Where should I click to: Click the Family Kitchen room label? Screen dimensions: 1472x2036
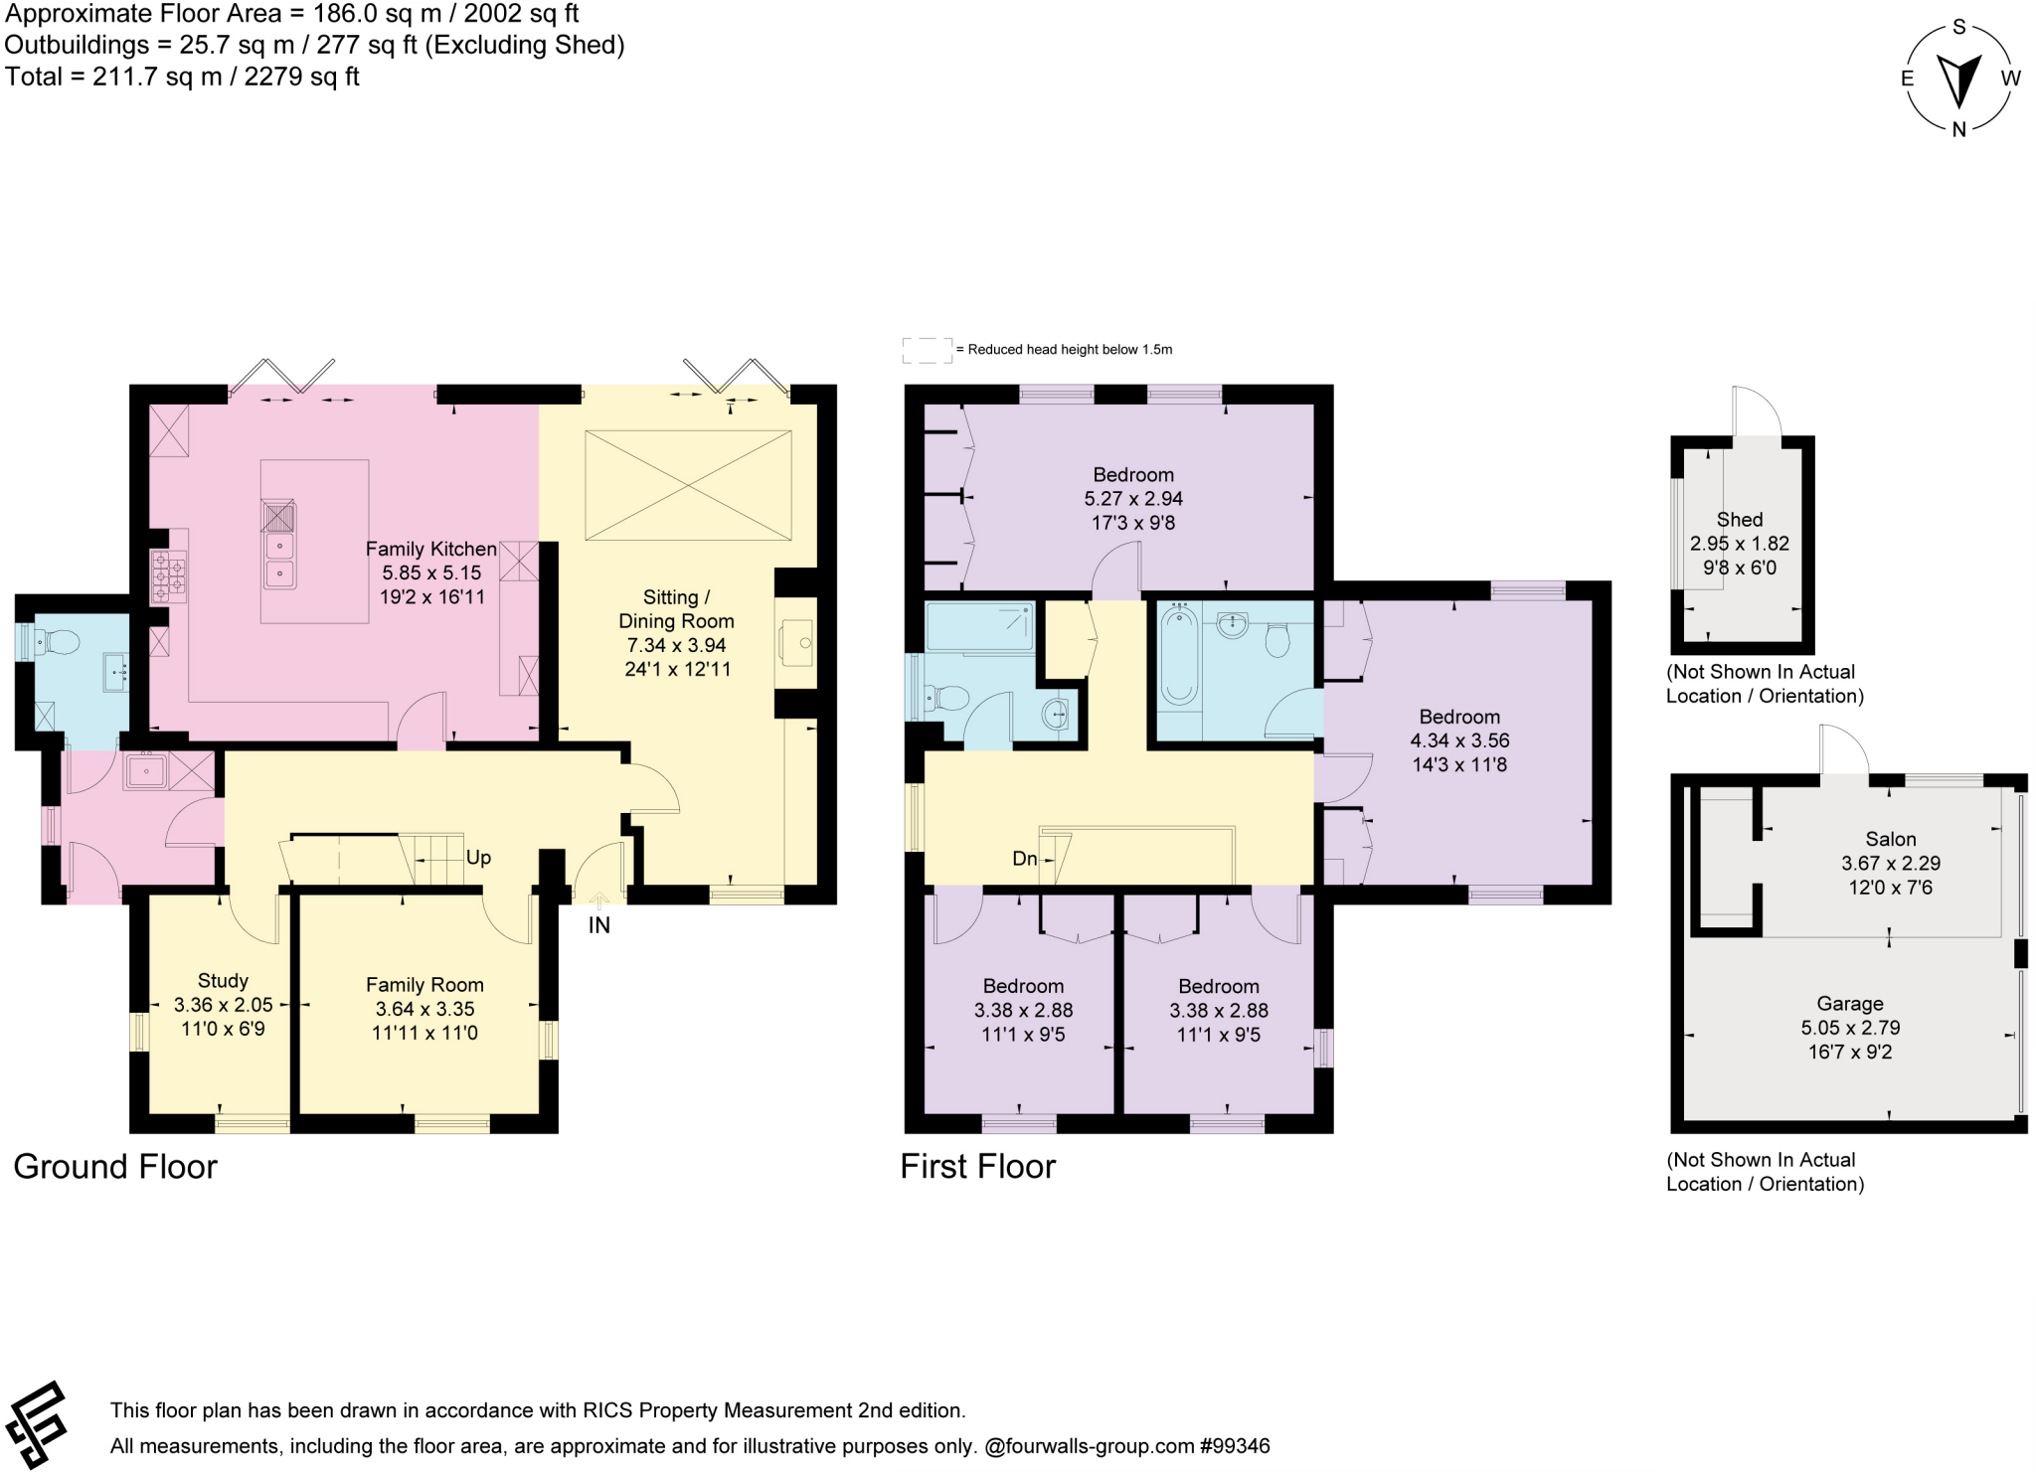point(430,549)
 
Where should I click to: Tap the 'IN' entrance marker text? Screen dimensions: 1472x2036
point(598,925)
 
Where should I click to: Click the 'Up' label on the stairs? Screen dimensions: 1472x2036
point(478,858)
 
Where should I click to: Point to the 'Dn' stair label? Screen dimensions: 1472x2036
point(1024,859)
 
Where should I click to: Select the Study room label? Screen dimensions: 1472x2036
point(223,980)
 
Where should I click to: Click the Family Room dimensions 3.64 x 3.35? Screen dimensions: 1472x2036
point(424,1009)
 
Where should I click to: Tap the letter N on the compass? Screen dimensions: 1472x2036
point(1958,128)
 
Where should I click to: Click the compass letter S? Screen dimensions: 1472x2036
point(1959,27)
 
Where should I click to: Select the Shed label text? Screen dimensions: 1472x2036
point(1740,520)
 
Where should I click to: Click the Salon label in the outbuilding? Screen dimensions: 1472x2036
point(1891,839)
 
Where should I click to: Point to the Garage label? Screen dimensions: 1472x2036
point(1850,1004)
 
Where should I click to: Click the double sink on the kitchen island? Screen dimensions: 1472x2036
point(279,559)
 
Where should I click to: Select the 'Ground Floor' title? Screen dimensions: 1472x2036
point(115,1166)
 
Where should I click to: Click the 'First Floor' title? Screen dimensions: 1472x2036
point(977,1166)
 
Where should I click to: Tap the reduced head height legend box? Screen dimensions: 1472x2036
point(927,350)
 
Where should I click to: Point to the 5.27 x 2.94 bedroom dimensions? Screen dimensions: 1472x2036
point(1133,499)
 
